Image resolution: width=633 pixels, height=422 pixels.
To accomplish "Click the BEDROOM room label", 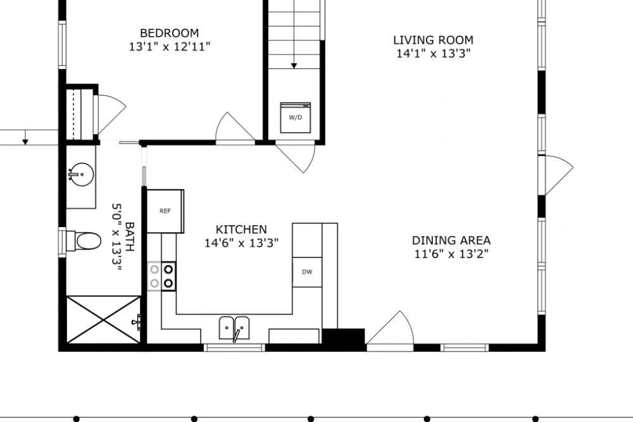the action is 169,33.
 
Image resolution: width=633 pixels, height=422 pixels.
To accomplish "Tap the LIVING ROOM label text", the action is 433,40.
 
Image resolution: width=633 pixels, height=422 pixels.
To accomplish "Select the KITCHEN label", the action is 241,230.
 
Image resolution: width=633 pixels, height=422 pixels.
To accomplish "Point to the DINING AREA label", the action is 451,240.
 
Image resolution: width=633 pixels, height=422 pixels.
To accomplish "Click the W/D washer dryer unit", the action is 296,118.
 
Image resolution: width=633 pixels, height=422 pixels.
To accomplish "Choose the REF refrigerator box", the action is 165,211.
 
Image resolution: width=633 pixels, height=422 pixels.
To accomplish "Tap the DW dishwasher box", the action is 307,272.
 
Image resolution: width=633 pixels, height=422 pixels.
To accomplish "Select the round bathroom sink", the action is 81,175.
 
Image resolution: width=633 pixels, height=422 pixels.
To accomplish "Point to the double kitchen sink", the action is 234,328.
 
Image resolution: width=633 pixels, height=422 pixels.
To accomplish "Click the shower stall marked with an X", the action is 104,320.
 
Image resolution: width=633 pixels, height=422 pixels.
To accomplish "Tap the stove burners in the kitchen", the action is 161,276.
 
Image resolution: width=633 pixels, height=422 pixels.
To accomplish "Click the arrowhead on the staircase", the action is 294,65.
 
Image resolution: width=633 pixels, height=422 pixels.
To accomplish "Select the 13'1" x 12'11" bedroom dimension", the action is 170,47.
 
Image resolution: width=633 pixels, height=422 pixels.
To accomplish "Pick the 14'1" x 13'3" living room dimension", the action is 433,54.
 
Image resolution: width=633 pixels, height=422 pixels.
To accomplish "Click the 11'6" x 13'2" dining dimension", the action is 451,254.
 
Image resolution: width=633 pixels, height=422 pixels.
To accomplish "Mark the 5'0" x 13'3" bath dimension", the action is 116,237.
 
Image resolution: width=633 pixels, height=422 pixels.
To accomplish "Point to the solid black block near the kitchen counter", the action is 343,337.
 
